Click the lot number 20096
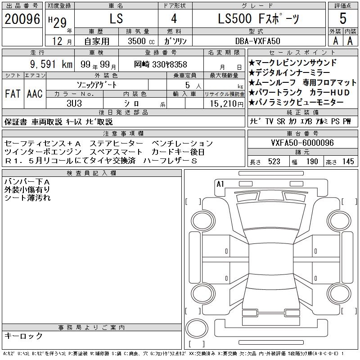pyautogui.click(x=22, y=19)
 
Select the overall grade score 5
pyautogui.click(x=343, y=18)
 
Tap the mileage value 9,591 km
pyautogui.click(x=51, y=64)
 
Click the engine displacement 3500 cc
pyautogui.click(x=141, y=41)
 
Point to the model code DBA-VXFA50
pyautogui.click(x=257, y=41)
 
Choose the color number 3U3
pyautogui.click(x=74, y=103)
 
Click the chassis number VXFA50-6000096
pyautogui.click(x=302, y=143)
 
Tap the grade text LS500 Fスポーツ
pyautogui.click(x=258, y=19)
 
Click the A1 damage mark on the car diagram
pyautogui.click(x=220, y=184)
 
